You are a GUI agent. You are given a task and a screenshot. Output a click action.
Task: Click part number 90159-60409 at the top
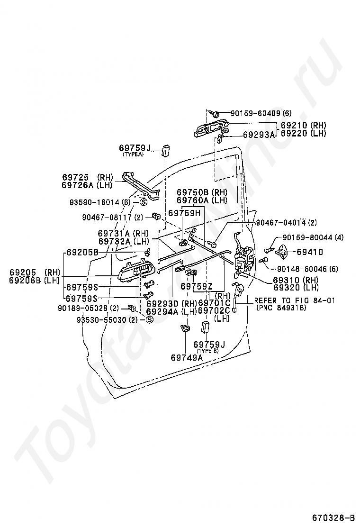click(x=256, y=113)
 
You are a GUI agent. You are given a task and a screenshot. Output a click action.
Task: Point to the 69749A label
click(x=186, y=358)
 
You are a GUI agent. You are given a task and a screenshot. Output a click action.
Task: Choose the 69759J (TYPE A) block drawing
click(x=166, y=150)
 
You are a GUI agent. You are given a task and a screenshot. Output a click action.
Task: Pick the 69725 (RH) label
click(x=87, y=177)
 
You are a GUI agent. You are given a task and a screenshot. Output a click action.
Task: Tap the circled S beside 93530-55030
click(x=149, y=319)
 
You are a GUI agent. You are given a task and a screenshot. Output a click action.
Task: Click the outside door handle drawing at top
click(x=211, y=128)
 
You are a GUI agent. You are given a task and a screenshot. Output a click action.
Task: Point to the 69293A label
click(x=259, y=135)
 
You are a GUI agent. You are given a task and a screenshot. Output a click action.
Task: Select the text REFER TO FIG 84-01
click(x=295, y=300)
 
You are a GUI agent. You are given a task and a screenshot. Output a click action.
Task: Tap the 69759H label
click(x=184, y=213)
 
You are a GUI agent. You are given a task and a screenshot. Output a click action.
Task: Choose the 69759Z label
click(x=197, y=286)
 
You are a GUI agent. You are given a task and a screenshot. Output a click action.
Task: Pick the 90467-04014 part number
click(x=282, y=222)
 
